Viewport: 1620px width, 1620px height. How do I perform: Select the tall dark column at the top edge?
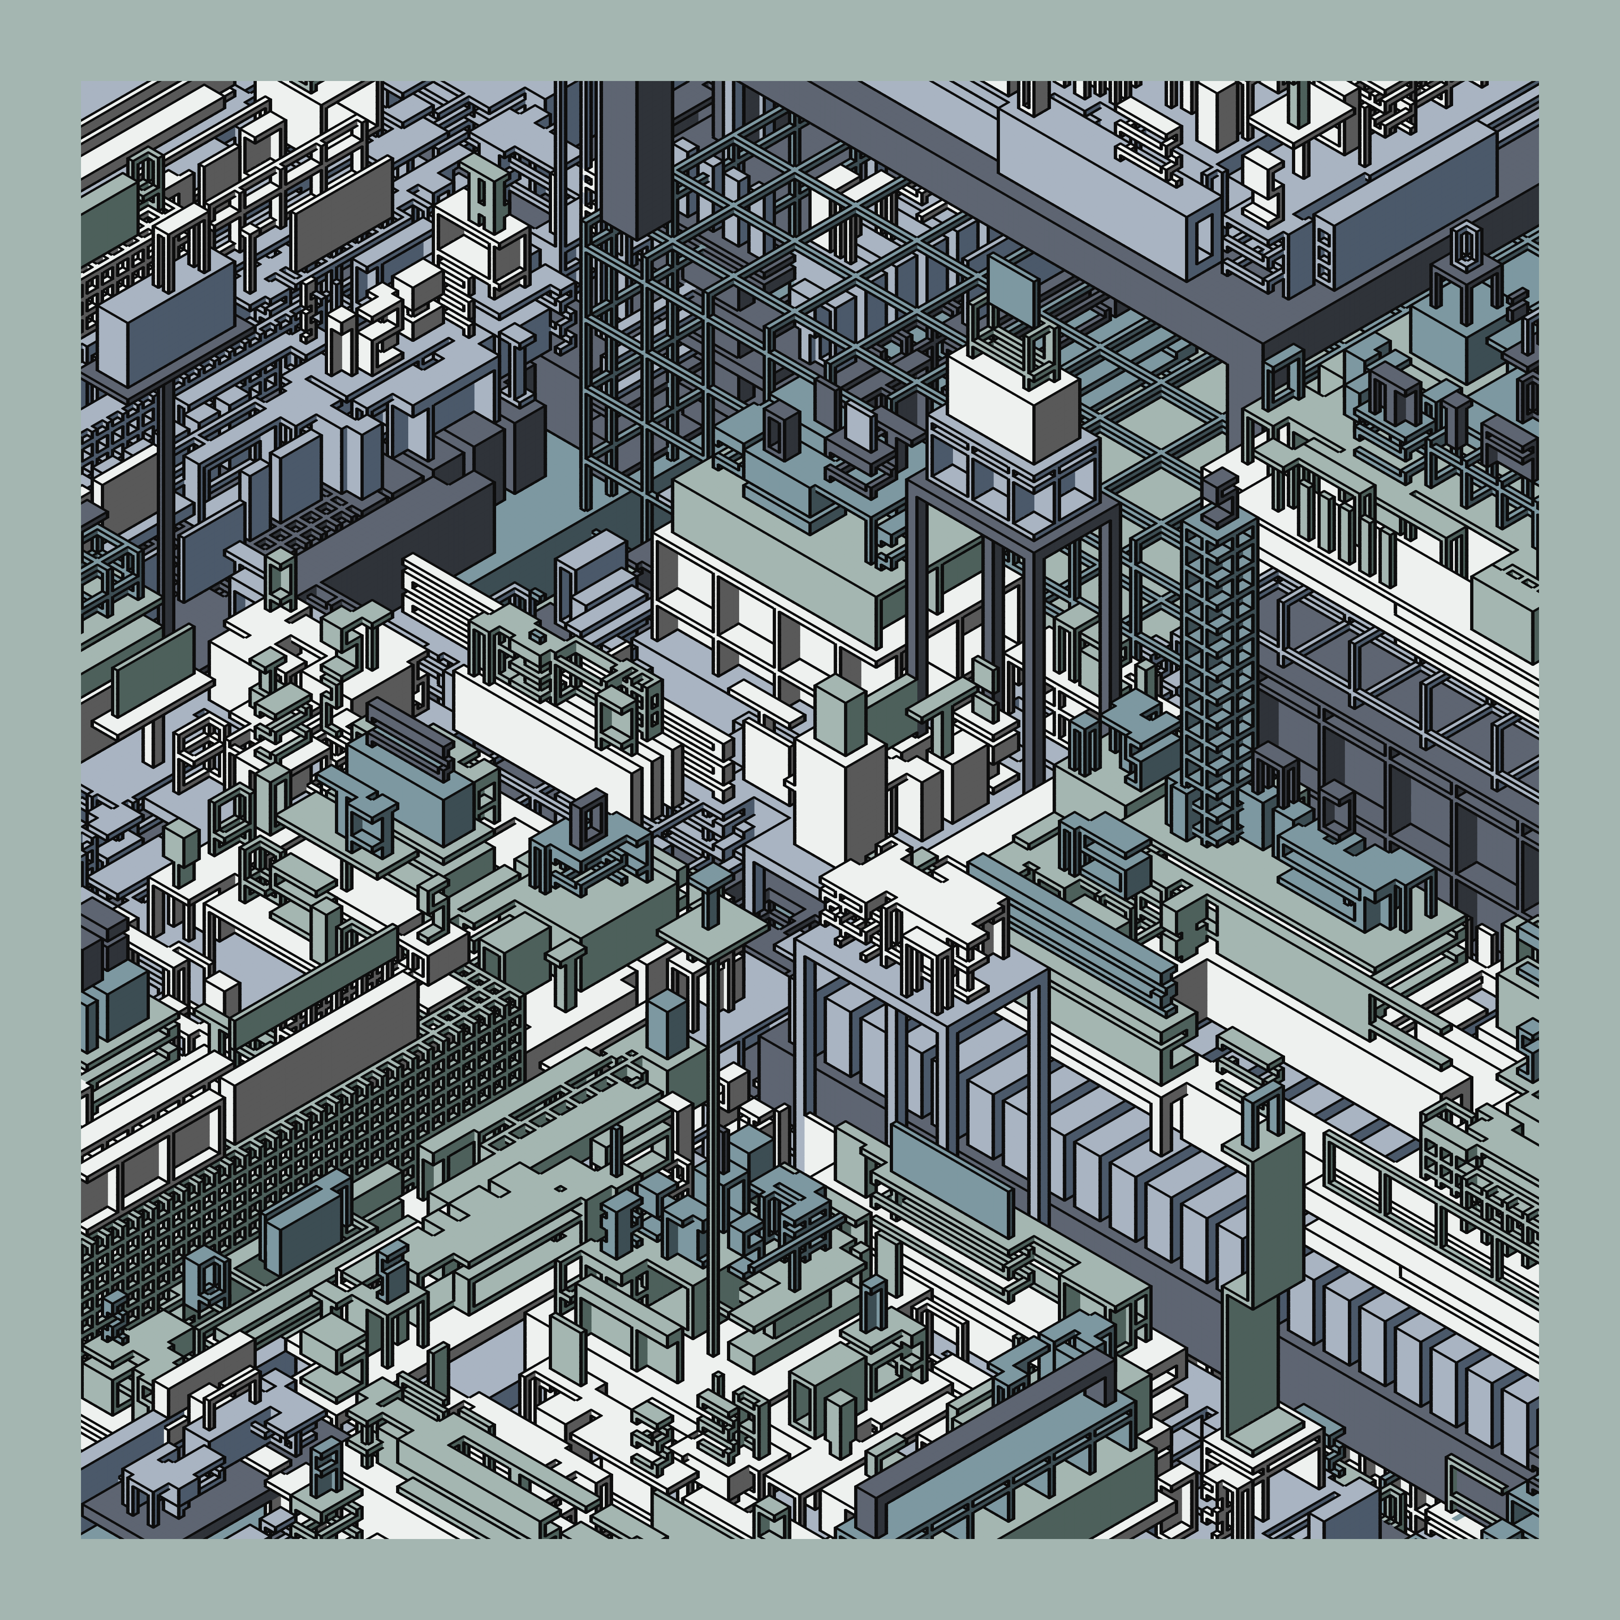635,155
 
